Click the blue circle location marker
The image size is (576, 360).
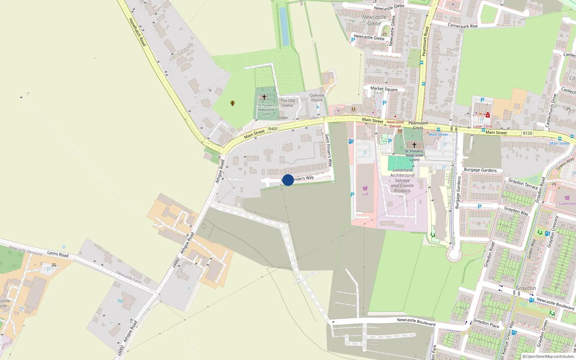pyautogui.click(x=288, y=180)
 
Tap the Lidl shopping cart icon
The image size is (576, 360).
pyautogui.click(x=365, y=188)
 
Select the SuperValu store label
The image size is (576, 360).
pyautogui.click(x=567, y=203)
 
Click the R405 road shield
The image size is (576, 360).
pyautogui.click(x=273, y=129)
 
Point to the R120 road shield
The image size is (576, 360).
pyautogui.click(x=527, y=133)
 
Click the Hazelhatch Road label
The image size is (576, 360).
pyautogui.click(x=137, y=32)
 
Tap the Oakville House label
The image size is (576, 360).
pyautogui.click(x=317, y=98)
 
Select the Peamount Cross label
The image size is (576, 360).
pyautogui.click(x=418, y=125)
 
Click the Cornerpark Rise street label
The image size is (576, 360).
pyautogui.click(x=463, y=26)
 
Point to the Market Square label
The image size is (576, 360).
pyautogui.click(x=384, y=89)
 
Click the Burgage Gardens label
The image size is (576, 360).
pyautogui.click(x=480, y=170)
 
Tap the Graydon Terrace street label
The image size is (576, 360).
pyautogui.click(x=523, y=183)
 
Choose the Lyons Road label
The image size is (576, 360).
pyautogui.click(x=58, y=254)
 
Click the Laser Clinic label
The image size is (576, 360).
pyautogui.click(x=483, y=126)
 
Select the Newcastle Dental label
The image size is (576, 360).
pyautogui.click(x=395, y=124)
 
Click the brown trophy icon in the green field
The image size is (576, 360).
pyautogui.click(x=233, y=103)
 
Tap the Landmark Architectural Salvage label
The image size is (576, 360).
pyautogui.click(x=402, y=180)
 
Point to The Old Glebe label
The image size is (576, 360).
pyautogui.click(x=287, y=103)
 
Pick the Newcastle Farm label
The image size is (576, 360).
pyautogui.click(x=129, y=277)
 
